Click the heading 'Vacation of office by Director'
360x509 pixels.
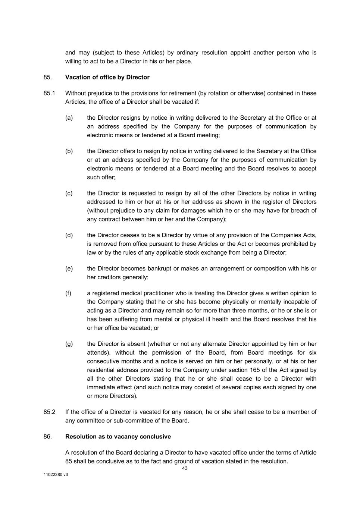tap(107, 77)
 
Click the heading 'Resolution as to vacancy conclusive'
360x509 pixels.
tap(118, 436)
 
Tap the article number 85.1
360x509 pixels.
tap(49, 93)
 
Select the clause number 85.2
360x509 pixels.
tap(49, 412)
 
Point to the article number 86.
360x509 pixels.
tap(47, 436)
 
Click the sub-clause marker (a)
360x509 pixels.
tap(69, 118)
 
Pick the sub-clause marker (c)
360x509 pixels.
tap(69, 193)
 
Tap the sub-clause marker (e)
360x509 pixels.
tap(69, 268)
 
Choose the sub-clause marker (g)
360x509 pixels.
tap(69, 344)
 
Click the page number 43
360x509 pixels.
tap(185, 468)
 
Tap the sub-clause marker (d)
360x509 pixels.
tap(69, 235)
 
